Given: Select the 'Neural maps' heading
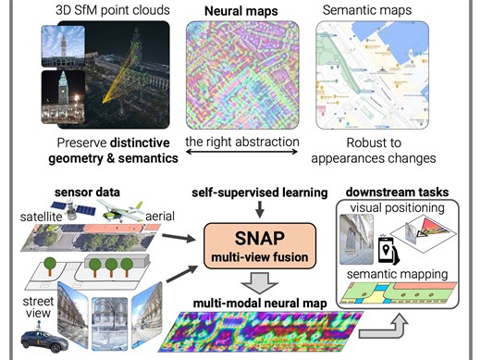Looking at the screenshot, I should click(x=243, y=9).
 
